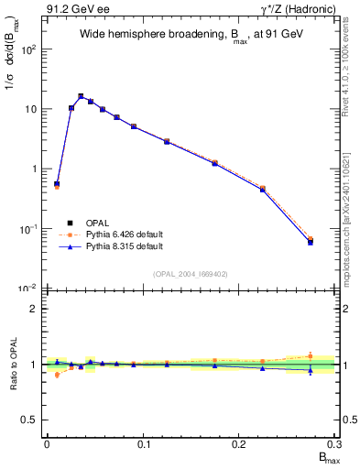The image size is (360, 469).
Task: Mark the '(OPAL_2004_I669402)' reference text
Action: point(190,273)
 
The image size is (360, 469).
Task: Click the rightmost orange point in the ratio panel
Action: point(311,355)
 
